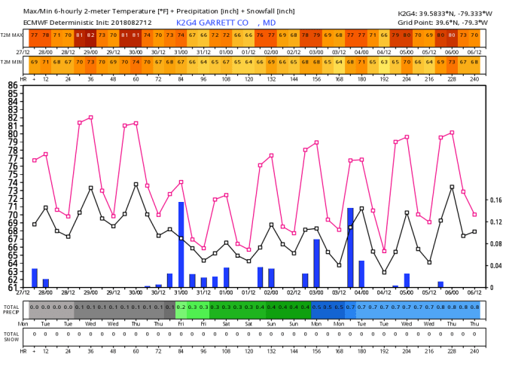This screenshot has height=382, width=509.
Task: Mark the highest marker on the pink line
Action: point(91,118)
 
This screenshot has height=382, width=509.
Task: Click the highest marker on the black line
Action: point(136,184)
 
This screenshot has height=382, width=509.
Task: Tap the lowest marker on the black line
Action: point(385,272)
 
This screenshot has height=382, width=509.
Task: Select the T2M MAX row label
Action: point(11,35)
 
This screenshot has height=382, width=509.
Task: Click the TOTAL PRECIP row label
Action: point(11,309)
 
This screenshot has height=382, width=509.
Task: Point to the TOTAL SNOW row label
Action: point(11,335)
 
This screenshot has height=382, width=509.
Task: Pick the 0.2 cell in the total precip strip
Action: point(181,307)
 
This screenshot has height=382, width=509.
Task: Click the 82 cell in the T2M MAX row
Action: point(91,35)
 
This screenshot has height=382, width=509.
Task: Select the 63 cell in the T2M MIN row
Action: point(385,61)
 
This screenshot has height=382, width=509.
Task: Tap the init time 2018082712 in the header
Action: point(131,23)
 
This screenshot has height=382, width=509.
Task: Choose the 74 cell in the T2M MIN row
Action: point(136,61)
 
